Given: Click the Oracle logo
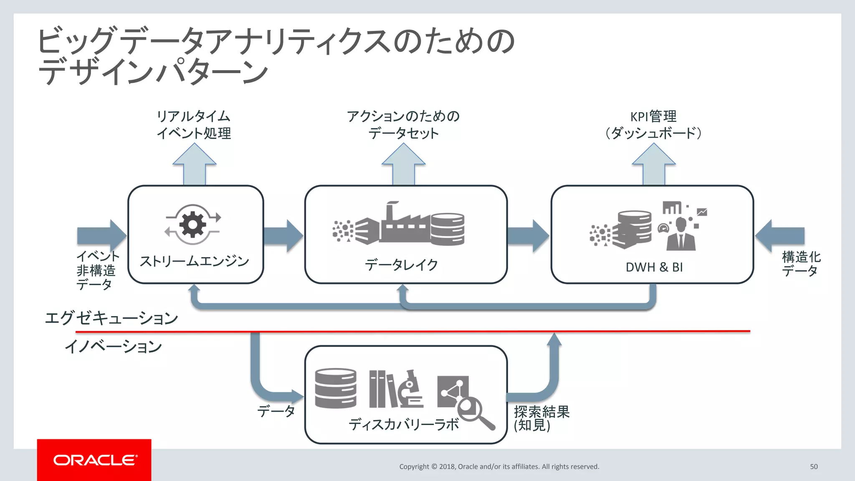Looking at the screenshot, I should [x=94, y=460].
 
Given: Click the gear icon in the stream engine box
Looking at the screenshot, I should [x=192, y=224].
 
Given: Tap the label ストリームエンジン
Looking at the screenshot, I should [x=195, y=261].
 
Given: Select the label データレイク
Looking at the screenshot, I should [x=402, y=265].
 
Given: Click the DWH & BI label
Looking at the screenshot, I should [x=654, y=267].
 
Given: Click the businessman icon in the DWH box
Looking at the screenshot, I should [x=680, y=234].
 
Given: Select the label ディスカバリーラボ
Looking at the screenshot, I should [x=404, y=425].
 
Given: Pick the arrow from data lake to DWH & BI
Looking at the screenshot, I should [x=529, y=236].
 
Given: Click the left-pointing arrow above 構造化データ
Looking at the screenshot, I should [x=780, y=236].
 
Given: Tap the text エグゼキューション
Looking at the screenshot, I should [x=111, y=318].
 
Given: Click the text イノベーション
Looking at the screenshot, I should [x=113, y=347].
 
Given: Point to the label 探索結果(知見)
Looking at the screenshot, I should [x=541, y=418].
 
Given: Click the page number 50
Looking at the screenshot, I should [x=814, y=466].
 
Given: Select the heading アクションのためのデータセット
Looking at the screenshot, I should [x=403, y=124].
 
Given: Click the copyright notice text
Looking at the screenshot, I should [x=499, y=466].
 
